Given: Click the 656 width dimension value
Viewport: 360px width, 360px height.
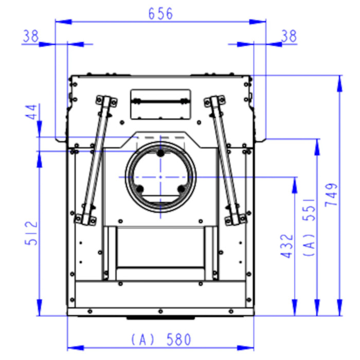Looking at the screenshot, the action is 160,13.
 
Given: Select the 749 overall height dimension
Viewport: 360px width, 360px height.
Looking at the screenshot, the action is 331,195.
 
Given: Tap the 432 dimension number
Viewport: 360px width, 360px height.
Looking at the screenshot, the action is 287,246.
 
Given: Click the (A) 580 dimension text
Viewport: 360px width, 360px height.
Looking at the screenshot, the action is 161,340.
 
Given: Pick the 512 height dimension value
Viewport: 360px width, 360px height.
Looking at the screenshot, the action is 31,233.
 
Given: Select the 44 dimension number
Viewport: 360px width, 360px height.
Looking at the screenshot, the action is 31,112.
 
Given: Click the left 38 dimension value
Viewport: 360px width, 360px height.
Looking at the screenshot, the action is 31,36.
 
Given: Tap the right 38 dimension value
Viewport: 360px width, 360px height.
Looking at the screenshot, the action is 289,36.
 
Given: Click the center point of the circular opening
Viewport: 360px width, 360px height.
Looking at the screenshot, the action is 160,177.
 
